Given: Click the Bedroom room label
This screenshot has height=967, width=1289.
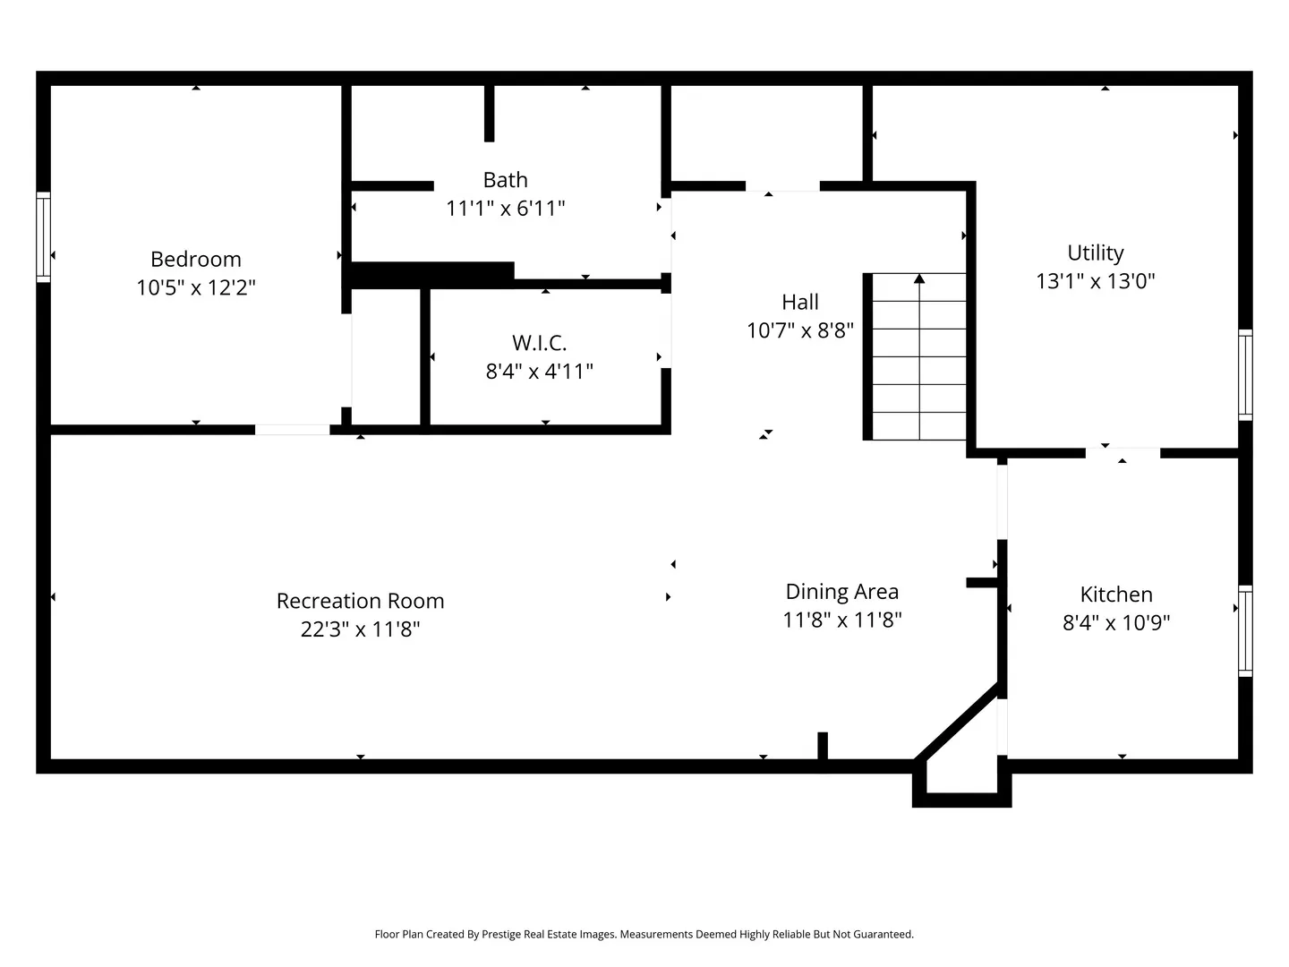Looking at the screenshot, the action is (x=195, y=259).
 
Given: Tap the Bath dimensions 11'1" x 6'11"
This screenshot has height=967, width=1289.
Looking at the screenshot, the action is (x=505, y=209).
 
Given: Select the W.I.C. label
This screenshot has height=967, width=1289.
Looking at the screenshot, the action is (x=539, y=342).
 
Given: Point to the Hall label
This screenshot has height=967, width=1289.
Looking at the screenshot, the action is (x=800, y=302).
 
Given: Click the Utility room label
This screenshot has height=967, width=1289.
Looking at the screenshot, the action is (x=1096, y=253).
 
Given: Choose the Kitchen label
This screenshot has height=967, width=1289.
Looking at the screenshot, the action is (x=1116, y=595).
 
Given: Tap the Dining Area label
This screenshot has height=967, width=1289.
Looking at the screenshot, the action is (x=842, y=591).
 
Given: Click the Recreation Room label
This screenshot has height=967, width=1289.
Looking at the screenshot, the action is (x=360, y=601).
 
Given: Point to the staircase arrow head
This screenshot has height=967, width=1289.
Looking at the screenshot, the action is (x=919, y=278).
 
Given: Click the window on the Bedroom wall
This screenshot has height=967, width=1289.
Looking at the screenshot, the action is (x=43, y=236).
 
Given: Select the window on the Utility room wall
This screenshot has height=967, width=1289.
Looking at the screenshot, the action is (x=1245, y=374).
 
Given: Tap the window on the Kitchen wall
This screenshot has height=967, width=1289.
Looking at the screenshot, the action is (x=1245, y=630).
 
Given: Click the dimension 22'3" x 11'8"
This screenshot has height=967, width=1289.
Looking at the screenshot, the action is (x=360, y=629).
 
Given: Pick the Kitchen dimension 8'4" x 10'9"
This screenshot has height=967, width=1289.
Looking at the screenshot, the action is (x=1116, y=622).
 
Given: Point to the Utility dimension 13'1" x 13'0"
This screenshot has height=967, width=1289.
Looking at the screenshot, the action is (x=1096, y=281).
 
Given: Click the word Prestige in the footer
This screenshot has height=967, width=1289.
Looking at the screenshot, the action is (x=501, y=934).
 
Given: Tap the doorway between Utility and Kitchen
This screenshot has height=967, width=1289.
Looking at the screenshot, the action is (x=1123, y=453).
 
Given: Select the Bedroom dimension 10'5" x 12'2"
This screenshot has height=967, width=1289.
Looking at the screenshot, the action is (x=195, y=287).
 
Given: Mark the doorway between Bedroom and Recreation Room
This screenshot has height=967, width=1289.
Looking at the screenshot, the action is (x=292, y=430).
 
